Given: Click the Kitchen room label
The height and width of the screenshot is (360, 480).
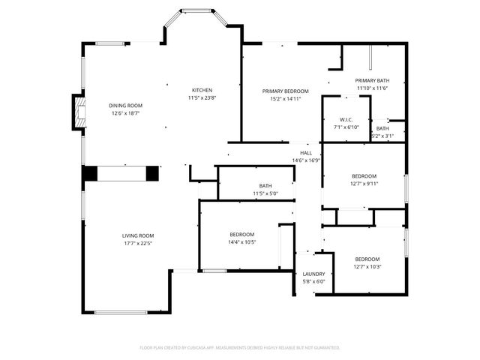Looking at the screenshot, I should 202,90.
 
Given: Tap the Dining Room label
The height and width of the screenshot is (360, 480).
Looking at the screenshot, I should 125,106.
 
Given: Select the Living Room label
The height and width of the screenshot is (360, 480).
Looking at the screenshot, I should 138,236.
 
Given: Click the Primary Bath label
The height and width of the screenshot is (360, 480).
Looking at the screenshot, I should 372,81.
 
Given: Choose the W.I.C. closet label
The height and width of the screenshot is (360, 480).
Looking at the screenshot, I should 346,120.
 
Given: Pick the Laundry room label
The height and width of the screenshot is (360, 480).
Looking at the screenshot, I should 313,274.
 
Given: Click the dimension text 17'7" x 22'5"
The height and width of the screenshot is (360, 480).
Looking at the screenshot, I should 138,244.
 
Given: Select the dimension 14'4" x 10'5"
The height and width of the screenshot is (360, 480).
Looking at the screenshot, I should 241,242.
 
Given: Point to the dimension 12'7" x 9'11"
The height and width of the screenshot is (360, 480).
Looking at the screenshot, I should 364,183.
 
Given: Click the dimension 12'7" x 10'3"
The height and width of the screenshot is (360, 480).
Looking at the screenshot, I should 367,266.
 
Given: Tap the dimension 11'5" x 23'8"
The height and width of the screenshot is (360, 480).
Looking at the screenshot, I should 202,97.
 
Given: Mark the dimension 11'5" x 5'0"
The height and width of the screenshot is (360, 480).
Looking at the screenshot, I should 265,194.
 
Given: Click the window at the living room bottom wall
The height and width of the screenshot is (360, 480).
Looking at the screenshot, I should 120,312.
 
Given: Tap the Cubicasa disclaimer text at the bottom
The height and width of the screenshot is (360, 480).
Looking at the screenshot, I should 240,348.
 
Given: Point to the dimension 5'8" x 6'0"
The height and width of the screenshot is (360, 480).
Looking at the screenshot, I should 313,282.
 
